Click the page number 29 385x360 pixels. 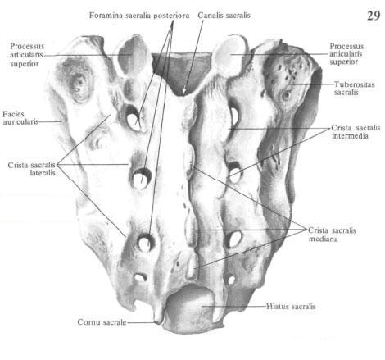pos(374,16)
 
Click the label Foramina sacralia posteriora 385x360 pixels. pos(139,16)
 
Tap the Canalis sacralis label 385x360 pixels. pos(224,15)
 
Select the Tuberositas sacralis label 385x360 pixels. pos(354,88)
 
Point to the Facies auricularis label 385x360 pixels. pos(20,118)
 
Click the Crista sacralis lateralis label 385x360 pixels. pos(31,169)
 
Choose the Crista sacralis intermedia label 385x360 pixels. pos(356,132)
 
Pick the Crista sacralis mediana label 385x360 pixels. pos(332,235)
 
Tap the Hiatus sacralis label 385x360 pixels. pos(291,306)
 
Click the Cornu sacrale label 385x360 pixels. pos(102,322)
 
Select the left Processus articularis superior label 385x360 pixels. pos(27,55)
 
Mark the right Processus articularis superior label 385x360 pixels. pos(346,54)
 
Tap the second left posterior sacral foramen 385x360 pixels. pos(141,179)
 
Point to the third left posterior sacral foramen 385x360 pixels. pos(145,242)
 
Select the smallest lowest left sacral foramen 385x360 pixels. pos(140,277)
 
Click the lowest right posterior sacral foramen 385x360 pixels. pos(231,280)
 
